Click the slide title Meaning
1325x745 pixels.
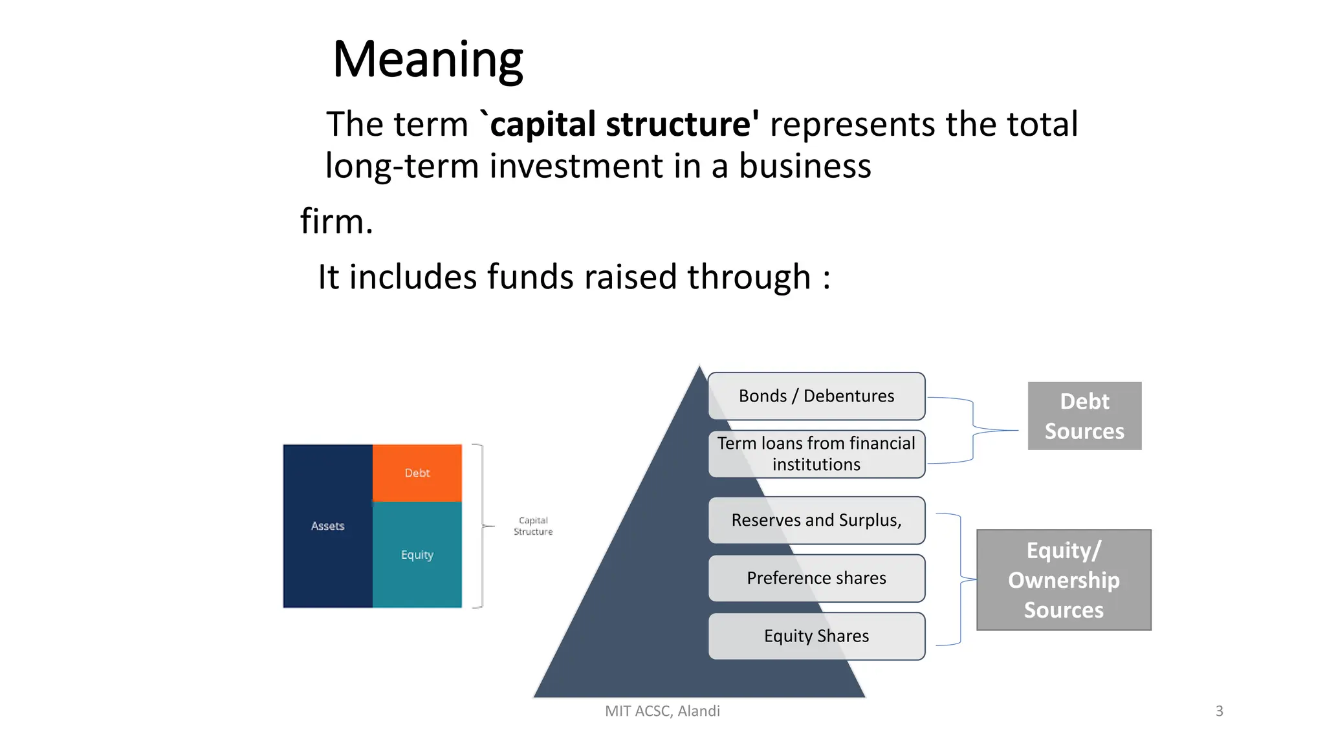428,59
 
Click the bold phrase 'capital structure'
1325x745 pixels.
624,124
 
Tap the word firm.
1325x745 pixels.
336,222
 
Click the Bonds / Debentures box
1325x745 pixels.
816,396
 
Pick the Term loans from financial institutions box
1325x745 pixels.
816,454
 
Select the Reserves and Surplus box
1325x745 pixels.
816,520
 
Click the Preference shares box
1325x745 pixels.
816,578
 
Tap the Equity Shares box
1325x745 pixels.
816,636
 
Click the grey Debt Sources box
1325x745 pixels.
1084,416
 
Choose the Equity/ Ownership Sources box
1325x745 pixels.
1064,580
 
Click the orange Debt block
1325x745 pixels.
417,473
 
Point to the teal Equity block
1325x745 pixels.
417,555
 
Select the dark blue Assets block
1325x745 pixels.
327,526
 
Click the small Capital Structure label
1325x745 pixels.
533,526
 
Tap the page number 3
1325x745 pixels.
1219,711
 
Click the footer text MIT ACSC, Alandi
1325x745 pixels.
662,711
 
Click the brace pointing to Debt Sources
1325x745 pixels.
973,429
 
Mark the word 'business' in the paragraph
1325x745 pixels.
805,166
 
